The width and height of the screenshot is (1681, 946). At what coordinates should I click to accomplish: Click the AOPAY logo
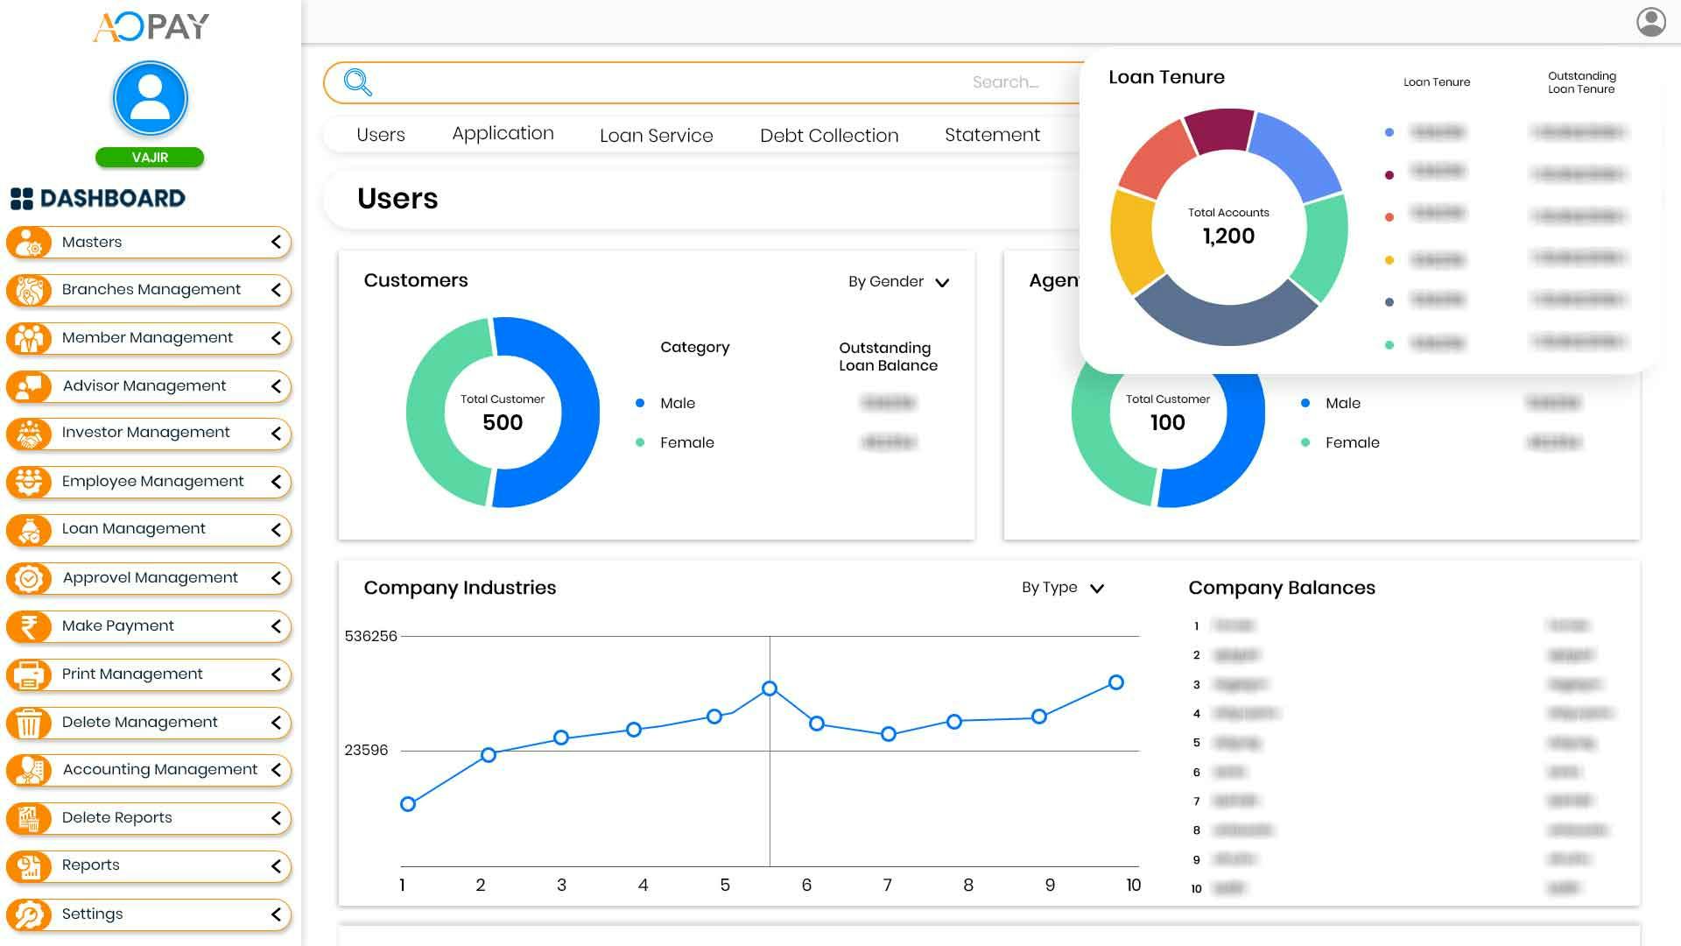coord(151,26)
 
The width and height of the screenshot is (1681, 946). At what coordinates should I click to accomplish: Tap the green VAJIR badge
coord(150,158)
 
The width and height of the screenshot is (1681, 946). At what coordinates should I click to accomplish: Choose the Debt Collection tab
coord(828,136)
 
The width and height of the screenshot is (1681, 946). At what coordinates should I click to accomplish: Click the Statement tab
coord(992,135)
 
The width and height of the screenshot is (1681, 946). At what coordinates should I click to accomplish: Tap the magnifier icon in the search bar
coord(357,82)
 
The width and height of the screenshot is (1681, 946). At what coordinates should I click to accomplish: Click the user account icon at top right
coord(1650,22)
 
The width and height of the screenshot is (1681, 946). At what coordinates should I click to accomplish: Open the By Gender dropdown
coord(898,282)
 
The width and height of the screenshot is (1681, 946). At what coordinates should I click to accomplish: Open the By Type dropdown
coord(1062,588)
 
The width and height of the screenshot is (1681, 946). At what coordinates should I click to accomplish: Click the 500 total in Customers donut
coord(503,422)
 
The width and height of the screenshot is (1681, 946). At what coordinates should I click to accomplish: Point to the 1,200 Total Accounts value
coord(1228,236)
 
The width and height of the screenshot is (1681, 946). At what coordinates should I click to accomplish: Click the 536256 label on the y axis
coord(370,636)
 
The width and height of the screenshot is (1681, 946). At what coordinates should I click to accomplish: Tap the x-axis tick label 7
coord(887,886)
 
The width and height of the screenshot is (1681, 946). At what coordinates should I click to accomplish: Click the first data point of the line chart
coord(408,804)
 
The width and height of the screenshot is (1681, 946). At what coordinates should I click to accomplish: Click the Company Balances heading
coord(1281,588)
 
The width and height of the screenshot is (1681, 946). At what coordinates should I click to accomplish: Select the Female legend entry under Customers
coord(686,443)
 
